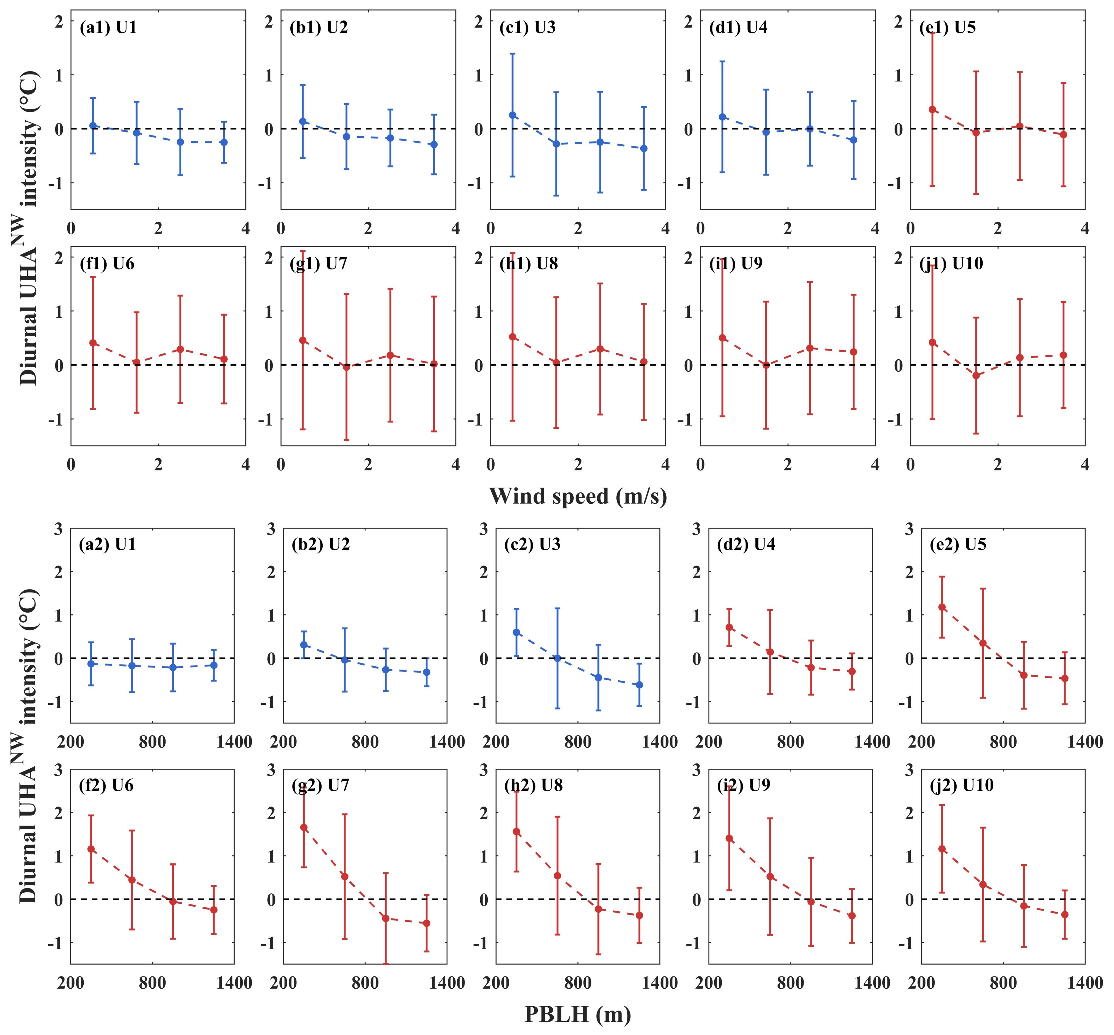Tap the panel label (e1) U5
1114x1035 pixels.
[x=948, y=27]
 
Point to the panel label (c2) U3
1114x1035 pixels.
[x=532, y=544]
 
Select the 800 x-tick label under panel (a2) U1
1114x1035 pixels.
[x=152, y=742]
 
